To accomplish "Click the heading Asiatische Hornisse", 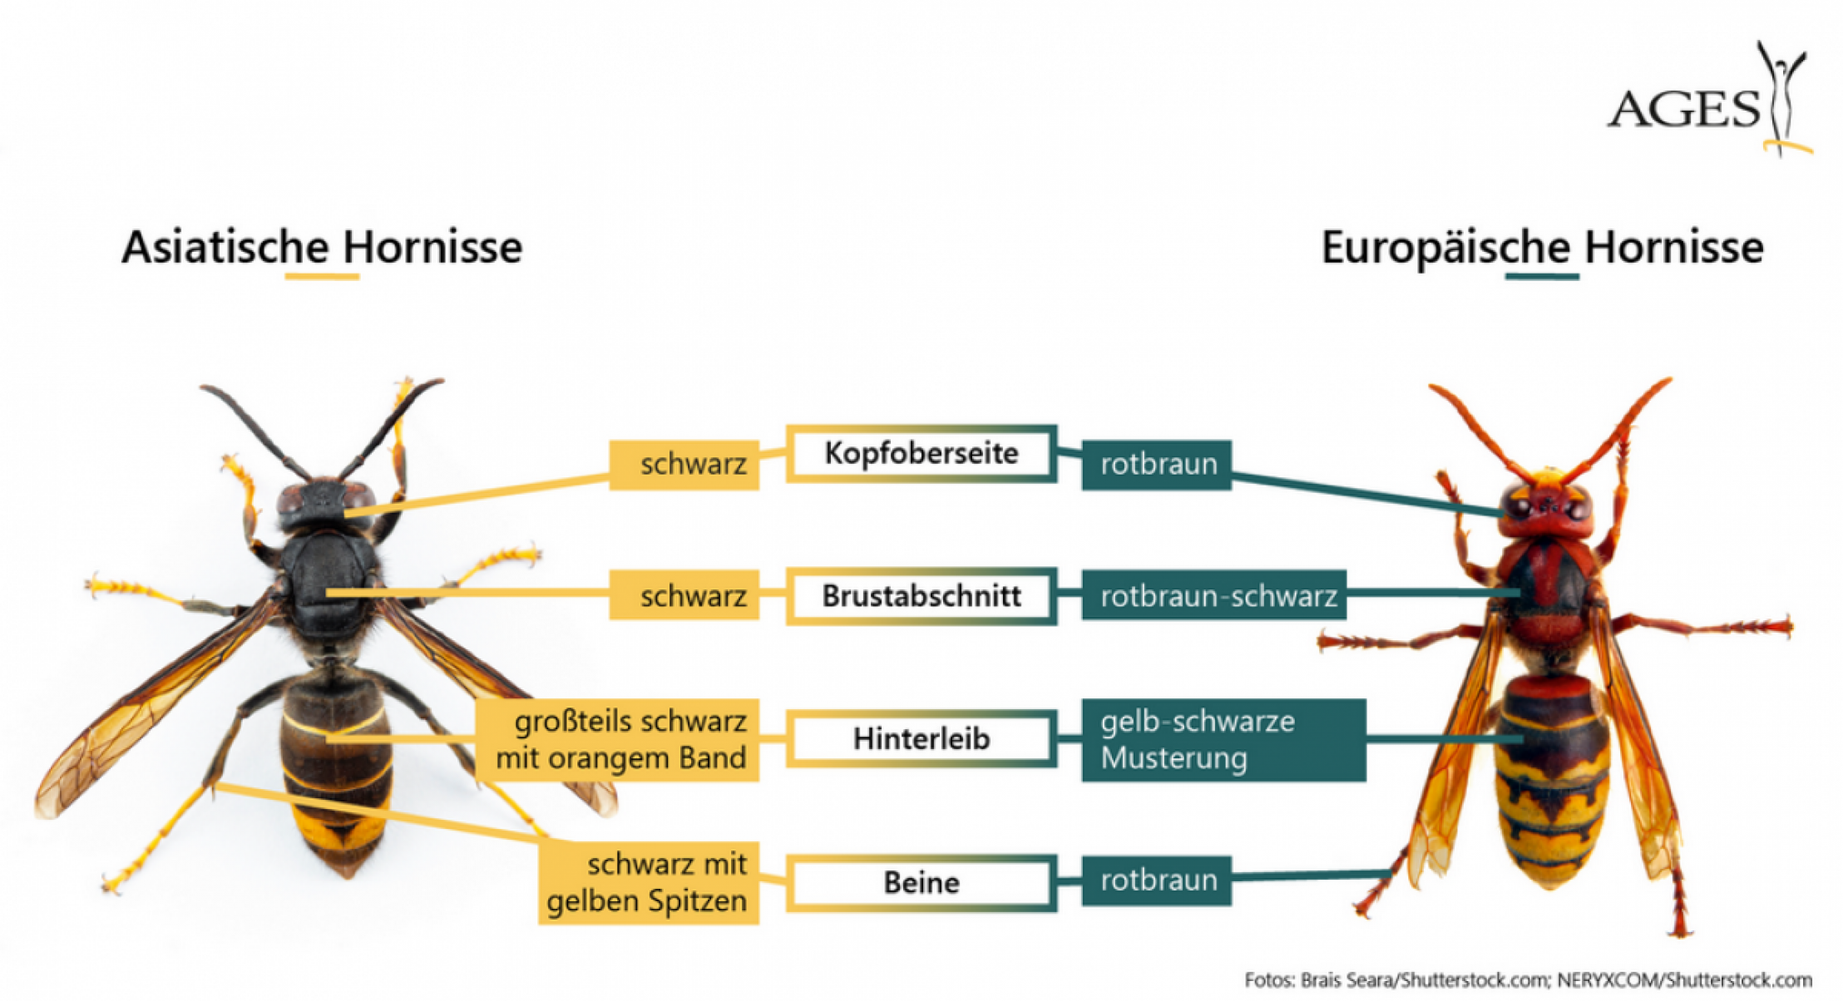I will tap(322, 247).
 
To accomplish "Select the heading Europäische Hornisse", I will tap(1542, 247).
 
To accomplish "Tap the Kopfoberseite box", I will tap(921, 453).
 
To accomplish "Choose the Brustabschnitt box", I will tap(921, 595).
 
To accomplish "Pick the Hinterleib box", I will tap(921, 738).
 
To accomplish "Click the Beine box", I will tap(921, 882).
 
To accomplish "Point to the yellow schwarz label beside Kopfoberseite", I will tap(684, 464).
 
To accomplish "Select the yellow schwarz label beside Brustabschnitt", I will tap(684, 595).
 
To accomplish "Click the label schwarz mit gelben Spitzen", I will tap(649, 882).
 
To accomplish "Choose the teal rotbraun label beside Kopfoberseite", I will tap(1157, 464).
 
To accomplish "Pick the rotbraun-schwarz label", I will tap(1214, 595).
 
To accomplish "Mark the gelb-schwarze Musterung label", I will tap(1223, 739).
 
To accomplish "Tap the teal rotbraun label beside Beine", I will tap(1157, 880).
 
